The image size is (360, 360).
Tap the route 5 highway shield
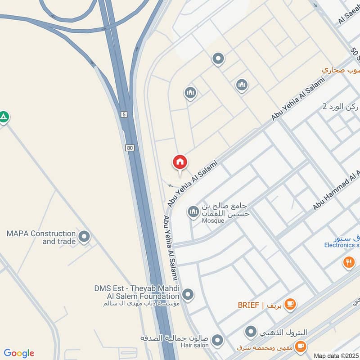124,115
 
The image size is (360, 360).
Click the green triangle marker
4,117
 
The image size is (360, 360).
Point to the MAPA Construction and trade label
41,237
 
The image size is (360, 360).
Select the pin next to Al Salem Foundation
188,295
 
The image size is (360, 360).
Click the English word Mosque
213,220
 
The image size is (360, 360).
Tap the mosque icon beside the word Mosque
193,211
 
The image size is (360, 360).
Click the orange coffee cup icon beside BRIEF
291,305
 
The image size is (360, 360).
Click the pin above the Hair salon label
218,340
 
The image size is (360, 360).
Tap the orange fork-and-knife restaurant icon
348,262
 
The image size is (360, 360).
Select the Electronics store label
342,245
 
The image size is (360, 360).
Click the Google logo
19,353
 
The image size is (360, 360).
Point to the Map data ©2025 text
336,355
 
